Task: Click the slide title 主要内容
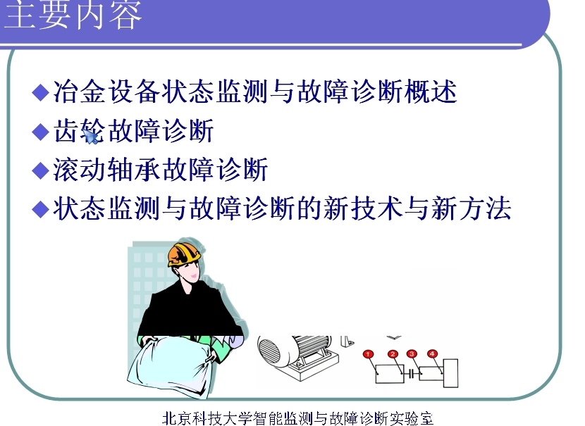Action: (73, 14)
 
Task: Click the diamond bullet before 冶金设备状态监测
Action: (41, 92)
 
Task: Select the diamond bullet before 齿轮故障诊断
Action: (41, 131)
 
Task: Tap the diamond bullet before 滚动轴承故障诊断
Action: (41, 170)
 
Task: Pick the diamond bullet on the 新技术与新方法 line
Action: (41, 208)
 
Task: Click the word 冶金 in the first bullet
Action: (80, 92)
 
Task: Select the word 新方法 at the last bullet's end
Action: (472, 208)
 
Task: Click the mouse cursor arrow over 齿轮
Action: (91, 136)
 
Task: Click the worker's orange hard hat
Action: (183, 254)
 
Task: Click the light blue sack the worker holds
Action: (170, 365)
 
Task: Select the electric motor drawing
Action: (298, 357)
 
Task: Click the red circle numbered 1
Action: (368, 354)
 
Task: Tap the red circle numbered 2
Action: (393, 354)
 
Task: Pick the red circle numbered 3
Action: (412, 353)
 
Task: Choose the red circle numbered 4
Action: (432, 353)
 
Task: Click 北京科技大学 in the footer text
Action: (207, 418)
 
